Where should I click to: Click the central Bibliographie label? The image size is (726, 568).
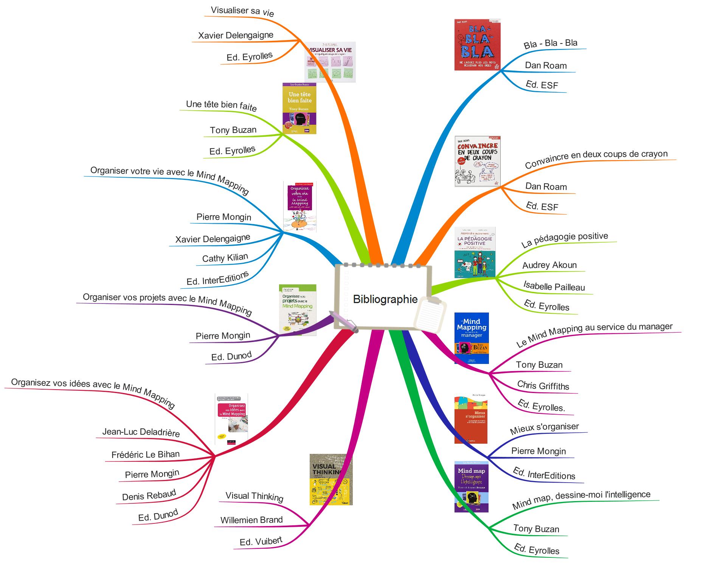click(385, 299)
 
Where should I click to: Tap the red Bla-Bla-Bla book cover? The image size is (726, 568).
click(477, 45)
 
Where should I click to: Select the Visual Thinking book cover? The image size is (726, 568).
click(331, 479)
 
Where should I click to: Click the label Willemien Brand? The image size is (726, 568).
click(251, 520)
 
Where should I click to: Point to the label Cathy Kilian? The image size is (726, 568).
click(225, 258)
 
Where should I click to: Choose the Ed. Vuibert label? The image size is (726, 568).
click(261, 541)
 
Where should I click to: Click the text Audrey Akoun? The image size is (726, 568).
click(549, 265)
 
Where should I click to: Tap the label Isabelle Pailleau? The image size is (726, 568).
click(554, 286)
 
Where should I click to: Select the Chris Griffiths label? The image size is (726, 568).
click(543, 385)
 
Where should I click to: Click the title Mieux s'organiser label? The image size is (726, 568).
click(544, 429)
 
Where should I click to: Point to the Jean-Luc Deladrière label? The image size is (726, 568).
click(141, 432)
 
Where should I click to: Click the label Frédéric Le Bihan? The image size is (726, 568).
click(146, 454)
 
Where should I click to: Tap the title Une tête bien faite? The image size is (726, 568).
click(221, 105)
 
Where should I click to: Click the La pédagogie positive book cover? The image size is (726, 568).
click(475, 252)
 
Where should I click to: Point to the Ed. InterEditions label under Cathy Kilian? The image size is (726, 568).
click(217, 279)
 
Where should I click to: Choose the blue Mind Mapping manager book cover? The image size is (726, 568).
click(472, 338)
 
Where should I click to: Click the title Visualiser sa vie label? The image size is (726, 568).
click(242, 11)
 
